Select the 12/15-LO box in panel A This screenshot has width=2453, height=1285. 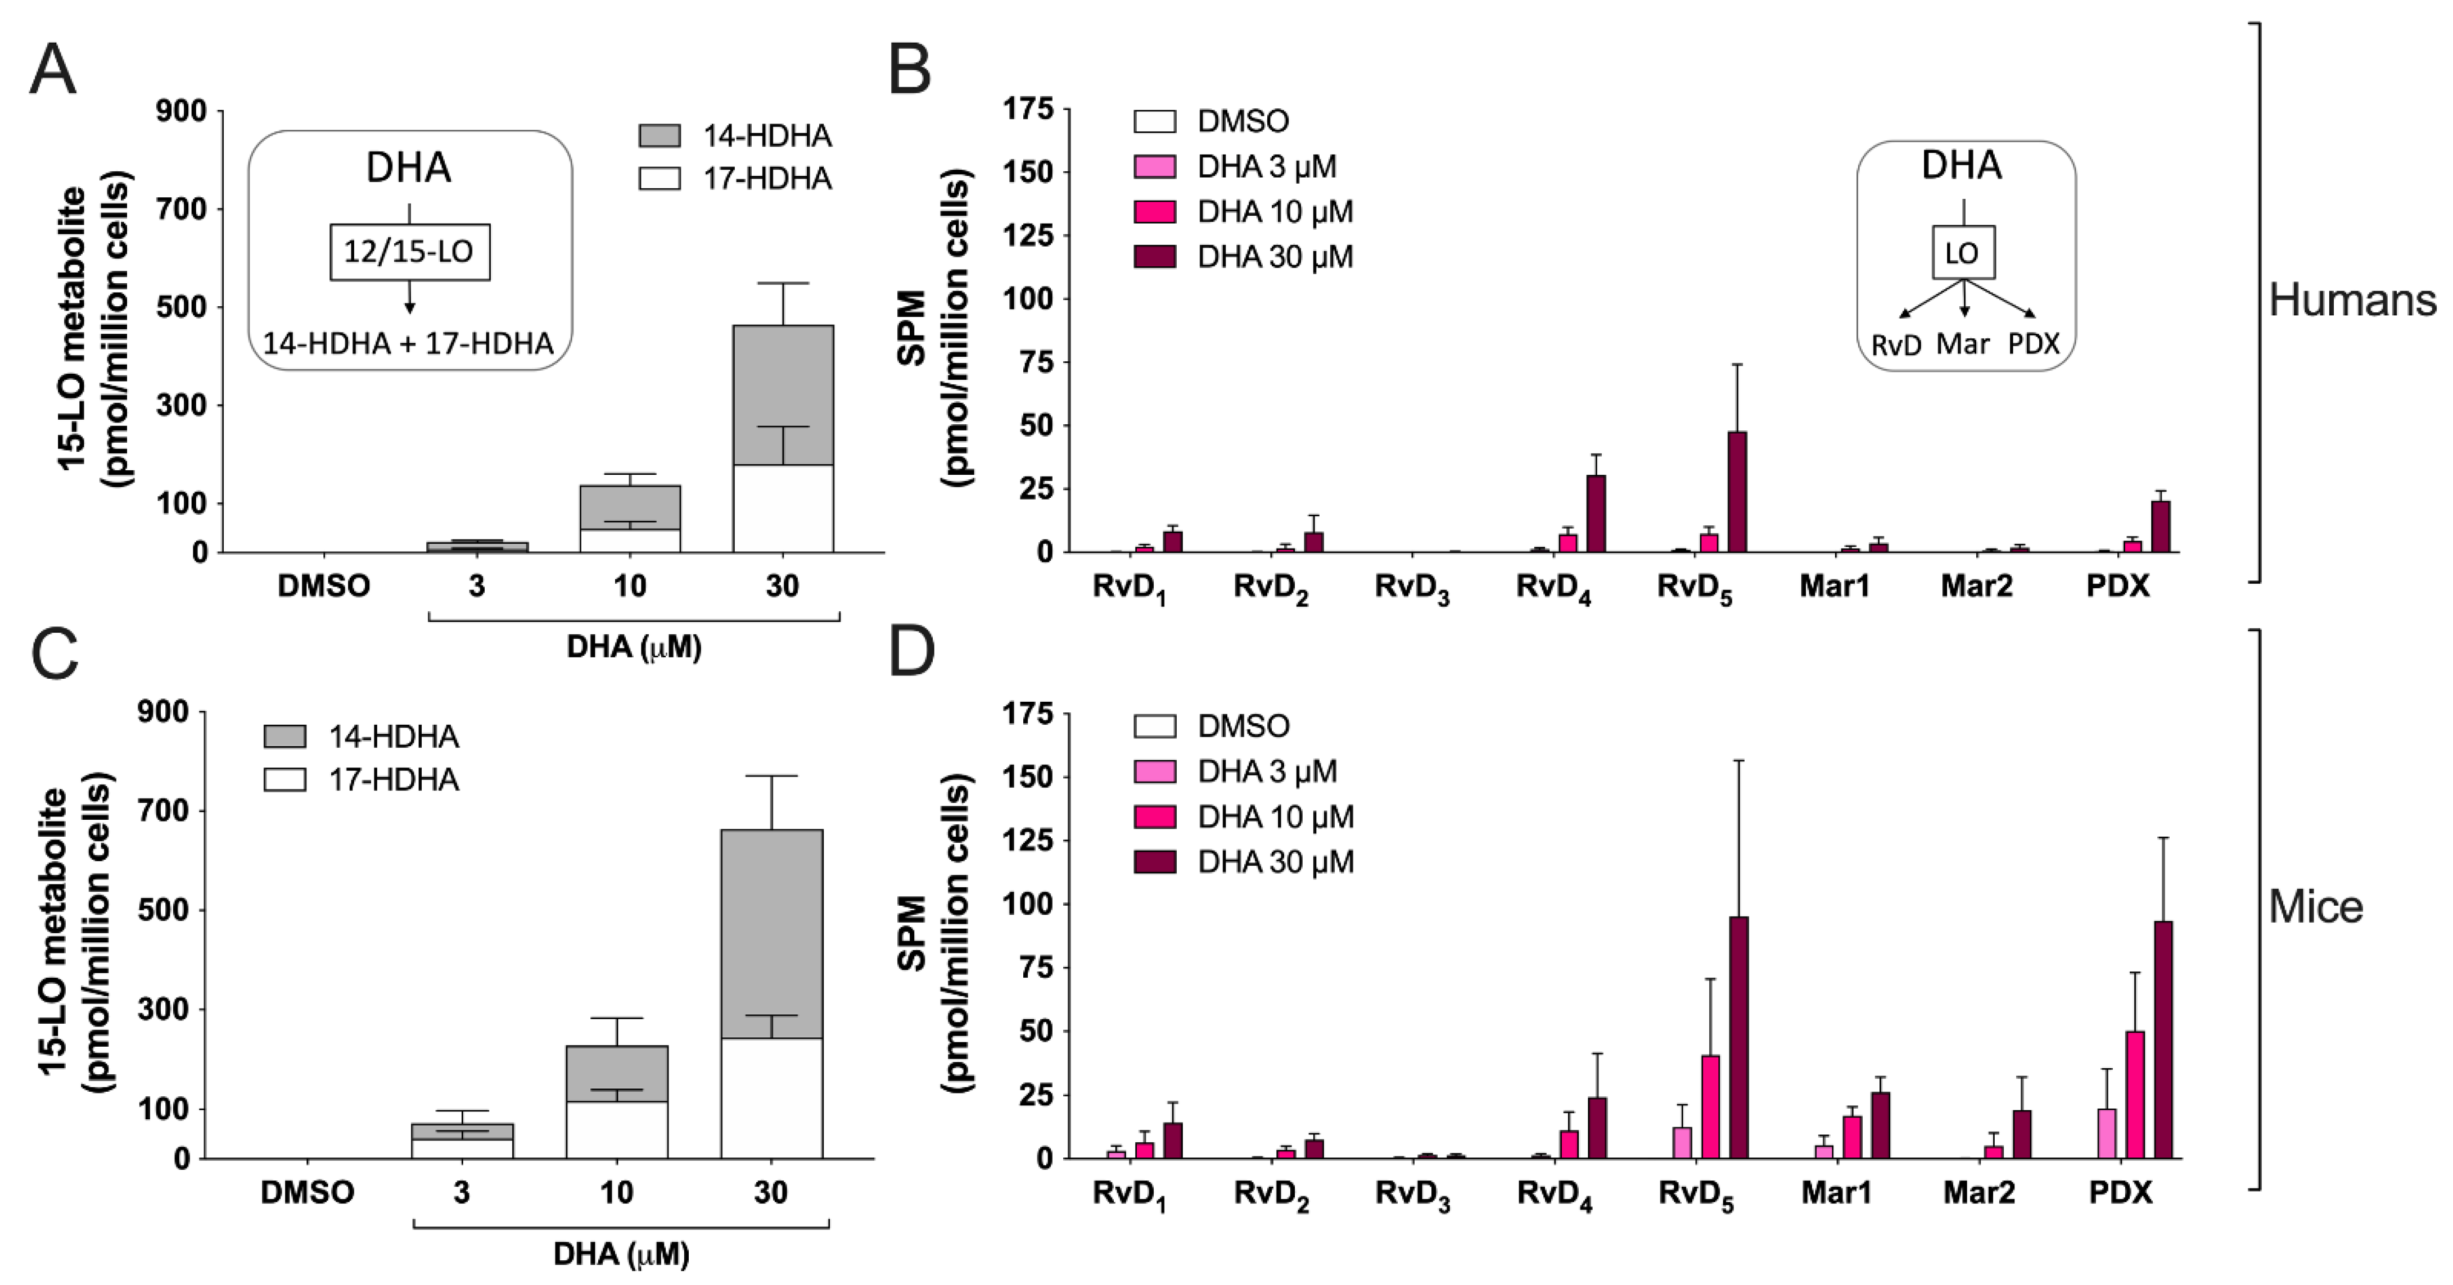click(409, 252)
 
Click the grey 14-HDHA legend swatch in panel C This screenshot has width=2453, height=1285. click(284, 737)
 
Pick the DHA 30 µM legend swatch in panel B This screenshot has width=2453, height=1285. click(1154, 257)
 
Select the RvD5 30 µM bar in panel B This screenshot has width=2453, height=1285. click(1737, 492)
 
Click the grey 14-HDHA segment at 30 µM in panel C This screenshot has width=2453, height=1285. click(771, 933)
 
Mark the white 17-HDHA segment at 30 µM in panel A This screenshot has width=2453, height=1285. click(783, 508)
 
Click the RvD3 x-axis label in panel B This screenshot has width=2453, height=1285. click(1411, 587)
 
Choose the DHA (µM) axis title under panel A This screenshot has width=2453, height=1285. click(633, 647)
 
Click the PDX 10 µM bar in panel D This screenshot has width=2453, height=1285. click(2135, 1095)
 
